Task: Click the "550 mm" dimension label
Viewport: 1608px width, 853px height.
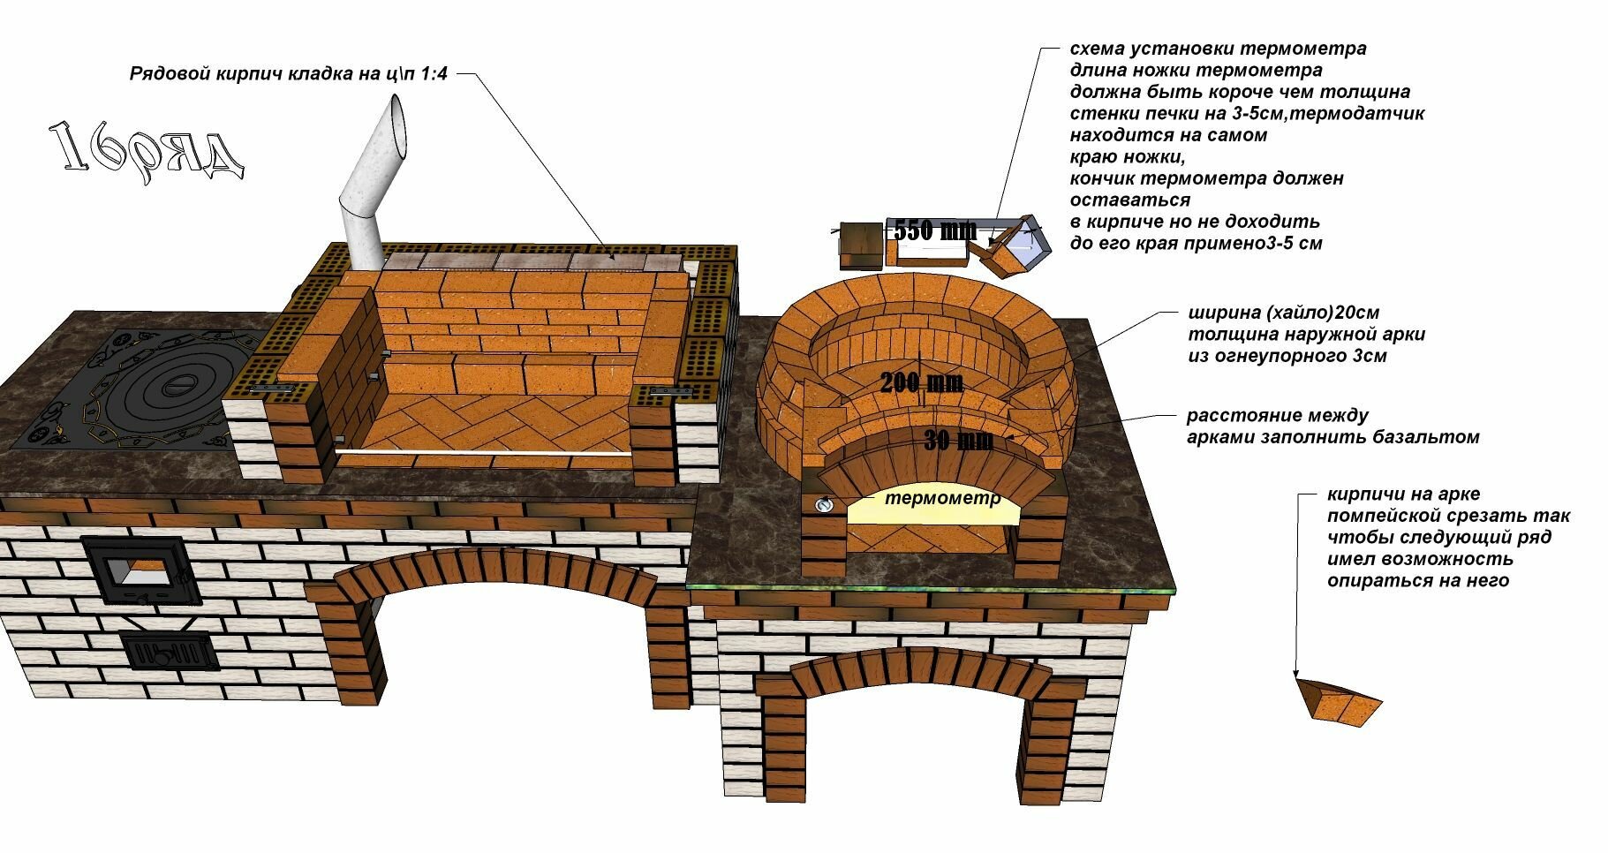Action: (934, 230)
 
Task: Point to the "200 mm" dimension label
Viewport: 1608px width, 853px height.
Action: (921, 382)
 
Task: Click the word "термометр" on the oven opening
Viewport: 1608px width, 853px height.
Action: (942, 498)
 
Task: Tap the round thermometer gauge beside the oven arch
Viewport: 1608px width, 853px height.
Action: (824, 504)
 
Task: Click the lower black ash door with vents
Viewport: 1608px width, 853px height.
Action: (168, 653)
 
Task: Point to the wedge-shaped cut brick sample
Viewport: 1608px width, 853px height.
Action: (1341, 704)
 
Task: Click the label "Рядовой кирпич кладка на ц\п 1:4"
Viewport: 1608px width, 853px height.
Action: (288, 74)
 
